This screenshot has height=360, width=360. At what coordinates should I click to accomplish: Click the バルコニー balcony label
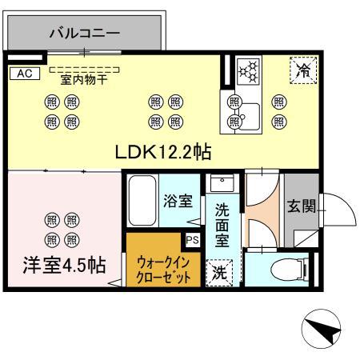(x=84, y=34)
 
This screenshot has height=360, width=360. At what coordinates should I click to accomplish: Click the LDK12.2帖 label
(x=168, y=152)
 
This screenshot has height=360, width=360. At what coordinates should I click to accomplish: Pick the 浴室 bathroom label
(x=178, y=201)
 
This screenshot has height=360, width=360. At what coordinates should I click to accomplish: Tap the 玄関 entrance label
(x=303, y=206)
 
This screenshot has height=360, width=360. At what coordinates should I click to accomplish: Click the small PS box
(x=192, y=238)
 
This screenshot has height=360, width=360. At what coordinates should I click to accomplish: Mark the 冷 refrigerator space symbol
(x=303, y=70)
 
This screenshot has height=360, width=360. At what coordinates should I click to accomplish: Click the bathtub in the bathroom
(x=145, y=204)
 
